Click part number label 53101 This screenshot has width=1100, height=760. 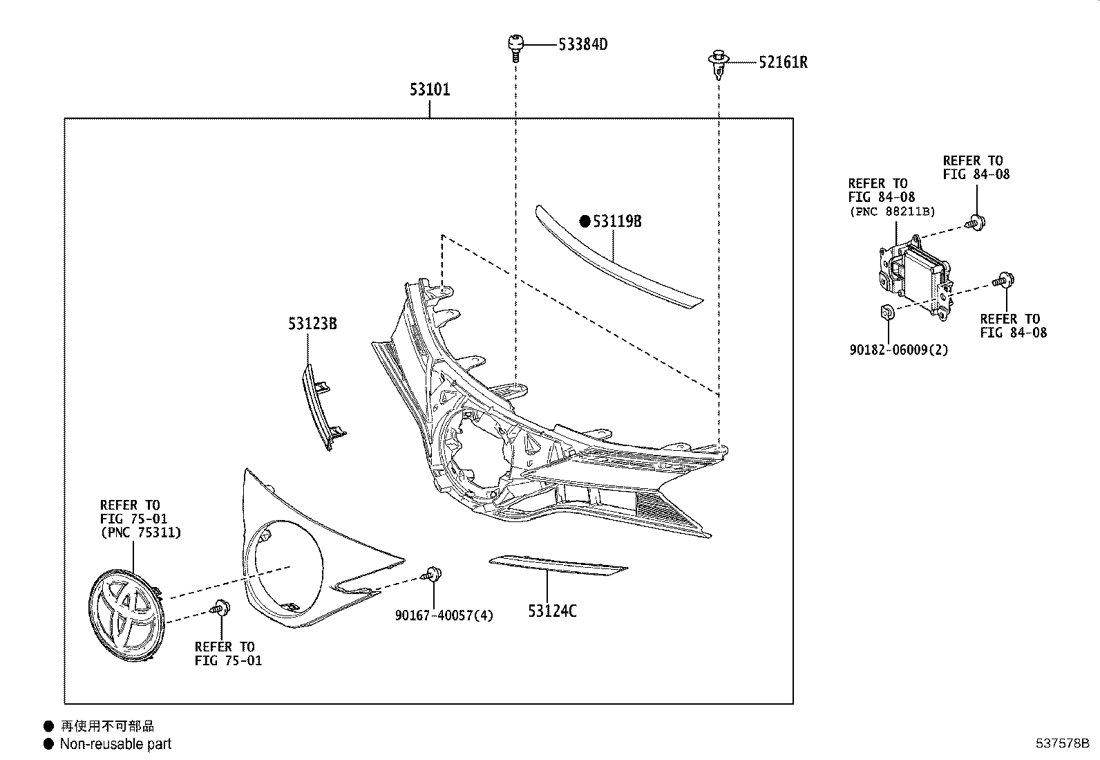[x=429, y=89]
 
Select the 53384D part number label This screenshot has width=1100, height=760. [x=582, y=45]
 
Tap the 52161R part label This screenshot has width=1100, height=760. [x=783, y=62]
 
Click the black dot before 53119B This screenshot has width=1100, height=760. [x=585, y=221]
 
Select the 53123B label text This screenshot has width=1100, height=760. [x=312, y=323]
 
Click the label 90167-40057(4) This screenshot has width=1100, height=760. [x=444, y=615]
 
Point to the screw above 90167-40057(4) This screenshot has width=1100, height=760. [x=433, y=573]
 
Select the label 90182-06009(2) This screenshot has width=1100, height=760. [x=898, y=350]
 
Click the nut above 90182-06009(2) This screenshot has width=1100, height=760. [x=888, y=313]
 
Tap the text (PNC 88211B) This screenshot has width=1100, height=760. [x=891, y=212]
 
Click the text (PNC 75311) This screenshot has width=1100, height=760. [x=140, y=532]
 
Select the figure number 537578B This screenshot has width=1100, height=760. [x=1061, y=743]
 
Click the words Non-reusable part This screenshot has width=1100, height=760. [x=115, y=744]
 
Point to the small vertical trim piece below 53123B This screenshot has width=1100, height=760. [x=319, y=408]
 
